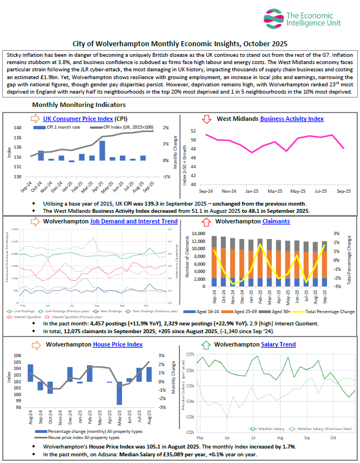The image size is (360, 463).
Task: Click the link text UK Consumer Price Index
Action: [76, 118]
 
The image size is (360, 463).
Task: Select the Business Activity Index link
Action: [291, 119]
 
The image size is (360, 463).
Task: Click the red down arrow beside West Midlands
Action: [206, 119]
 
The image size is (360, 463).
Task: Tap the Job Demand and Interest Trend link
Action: [134, 221]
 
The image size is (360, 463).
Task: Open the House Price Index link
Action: [118, 344]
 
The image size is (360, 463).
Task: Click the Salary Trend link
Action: [278, 344]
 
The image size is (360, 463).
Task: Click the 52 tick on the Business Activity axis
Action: [193, 131]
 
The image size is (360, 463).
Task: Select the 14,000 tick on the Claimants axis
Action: [199, 233]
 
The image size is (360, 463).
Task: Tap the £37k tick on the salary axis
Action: [189, 354]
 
